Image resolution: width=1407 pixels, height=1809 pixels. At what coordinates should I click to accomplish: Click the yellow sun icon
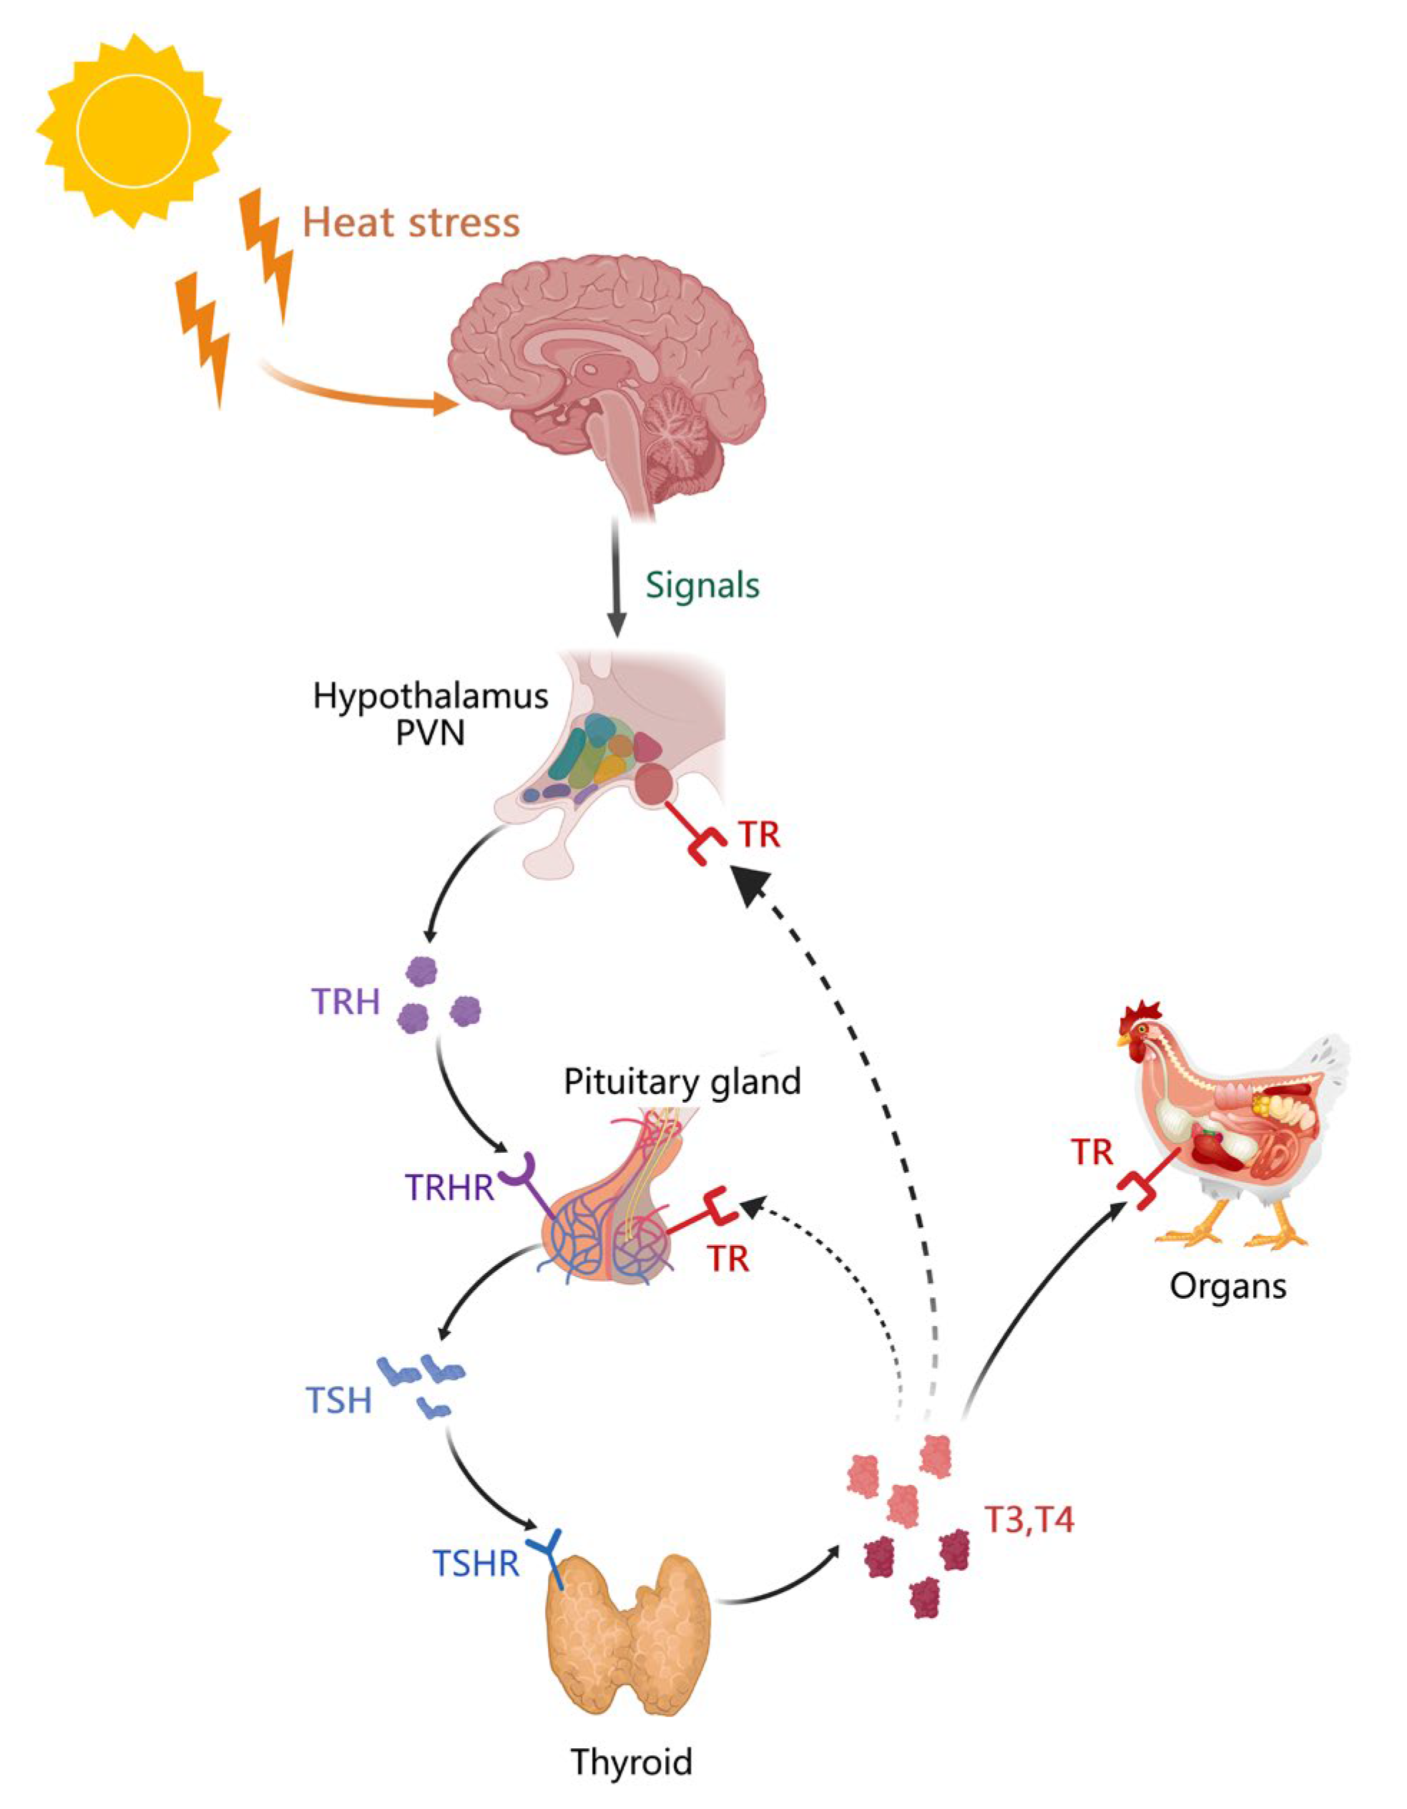point(133,130)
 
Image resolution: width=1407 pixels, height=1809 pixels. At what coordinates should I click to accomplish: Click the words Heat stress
point(411,223)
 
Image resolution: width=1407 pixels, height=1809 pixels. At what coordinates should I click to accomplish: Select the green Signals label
point(702,585)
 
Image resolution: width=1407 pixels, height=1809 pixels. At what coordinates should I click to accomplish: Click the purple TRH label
point(345,1003)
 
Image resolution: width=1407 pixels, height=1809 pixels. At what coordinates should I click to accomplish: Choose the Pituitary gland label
point(682,1082)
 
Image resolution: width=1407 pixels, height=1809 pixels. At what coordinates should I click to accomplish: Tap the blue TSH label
point(339,1402)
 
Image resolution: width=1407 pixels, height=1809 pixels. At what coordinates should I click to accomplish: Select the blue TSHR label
point(476,1564)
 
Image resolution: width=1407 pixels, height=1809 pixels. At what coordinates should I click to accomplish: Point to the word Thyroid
point(631,1762)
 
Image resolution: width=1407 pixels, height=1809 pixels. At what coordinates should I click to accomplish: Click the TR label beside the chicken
point(1092,1151)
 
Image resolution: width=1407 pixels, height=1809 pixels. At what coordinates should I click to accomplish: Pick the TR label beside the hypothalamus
point(760,834)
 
